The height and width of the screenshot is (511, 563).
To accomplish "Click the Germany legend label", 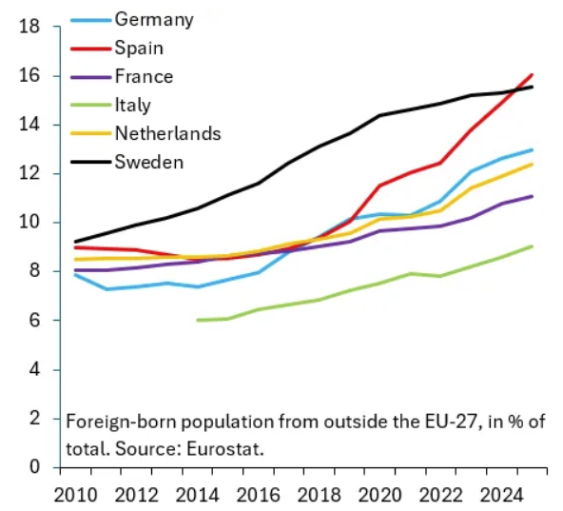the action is pos(154,20).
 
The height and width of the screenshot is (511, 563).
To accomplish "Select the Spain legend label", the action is pos(139,49).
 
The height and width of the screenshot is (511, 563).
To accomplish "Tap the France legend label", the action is pos(144,76).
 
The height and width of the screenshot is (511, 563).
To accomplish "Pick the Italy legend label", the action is pos(133,106).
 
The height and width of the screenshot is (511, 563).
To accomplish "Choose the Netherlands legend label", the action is pos(167,133).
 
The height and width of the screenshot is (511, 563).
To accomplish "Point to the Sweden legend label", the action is pos(149,162).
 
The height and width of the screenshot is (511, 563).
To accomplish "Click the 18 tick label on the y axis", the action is pos(29,27).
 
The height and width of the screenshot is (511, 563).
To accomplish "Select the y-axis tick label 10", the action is pos(29,223).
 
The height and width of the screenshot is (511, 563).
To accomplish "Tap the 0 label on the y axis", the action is pos(35,467).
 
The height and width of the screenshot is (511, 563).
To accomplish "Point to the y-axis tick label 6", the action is pos(35,320).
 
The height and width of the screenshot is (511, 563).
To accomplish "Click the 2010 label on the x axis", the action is pos(75,495).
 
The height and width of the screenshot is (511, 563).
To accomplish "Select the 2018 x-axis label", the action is pos(320,495).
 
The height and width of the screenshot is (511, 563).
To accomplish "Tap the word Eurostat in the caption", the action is pos(225,448).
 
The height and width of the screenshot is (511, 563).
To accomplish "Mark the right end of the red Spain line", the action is pos(532,75).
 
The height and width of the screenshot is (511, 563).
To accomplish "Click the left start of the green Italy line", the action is pos(198,320).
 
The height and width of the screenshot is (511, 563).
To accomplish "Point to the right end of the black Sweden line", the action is pos(532,87).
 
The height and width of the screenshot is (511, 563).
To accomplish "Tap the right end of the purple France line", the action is pos(532,196).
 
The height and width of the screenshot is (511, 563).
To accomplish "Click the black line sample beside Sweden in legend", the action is pos(91,162).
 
